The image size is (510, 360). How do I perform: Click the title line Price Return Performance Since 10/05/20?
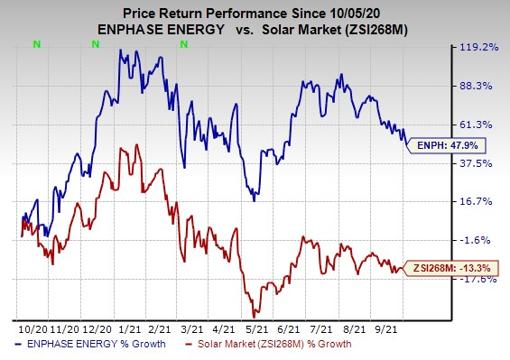pos(255,10)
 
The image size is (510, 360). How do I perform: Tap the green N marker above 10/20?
pos(36,42)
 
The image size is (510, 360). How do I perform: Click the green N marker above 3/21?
pos(183,42)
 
